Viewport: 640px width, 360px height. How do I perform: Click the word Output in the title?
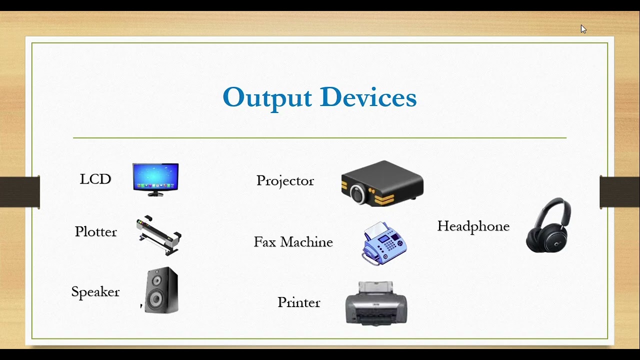click(267, 97)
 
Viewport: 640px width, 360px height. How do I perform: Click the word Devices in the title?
click(368, 97)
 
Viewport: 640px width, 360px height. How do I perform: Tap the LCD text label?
click(95, 179)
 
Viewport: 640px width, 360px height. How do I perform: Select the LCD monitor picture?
click(155, 178)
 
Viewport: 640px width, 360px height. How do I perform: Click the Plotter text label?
click(95, 231)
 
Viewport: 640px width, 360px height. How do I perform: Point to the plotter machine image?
click(158, 235)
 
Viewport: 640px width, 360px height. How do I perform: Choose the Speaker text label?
click(95, 292)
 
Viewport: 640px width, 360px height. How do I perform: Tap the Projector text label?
click(285, 180)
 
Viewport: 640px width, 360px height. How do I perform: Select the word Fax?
click(264, 242)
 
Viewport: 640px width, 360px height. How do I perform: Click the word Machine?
click(306, 242)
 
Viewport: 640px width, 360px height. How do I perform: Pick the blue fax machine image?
click(384, 243)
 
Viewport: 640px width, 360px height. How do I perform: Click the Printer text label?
click(298, 302)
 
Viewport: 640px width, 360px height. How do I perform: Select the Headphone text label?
click(473, 226)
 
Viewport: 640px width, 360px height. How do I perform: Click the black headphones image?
click(548, 225)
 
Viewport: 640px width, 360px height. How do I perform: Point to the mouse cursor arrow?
click(583, 29)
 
